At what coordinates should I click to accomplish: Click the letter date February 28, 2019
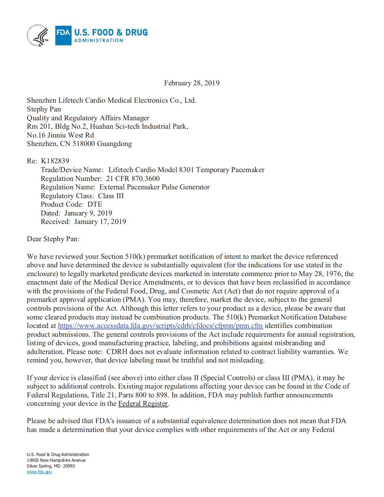[x=191, y=83]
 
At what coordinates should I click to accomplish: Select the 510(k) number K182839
[x=55, y=161]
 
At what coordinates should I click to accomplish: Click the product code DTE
[x=95, y=204]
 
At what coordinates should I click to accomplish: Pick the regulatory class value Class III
[x=111, y=196]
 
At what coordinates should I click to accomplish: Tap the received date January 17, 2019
[x=100, y=222]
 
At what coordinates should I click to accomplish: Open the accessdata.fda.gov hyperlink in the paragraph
[x=160, y=326]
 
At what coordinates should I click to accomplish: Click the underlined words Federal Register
[x=143, y=404]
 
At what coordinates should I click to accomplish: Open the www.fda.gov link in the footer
[x=39, y=472]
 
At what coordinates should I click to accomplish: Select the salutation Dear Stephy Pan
[x=53, y=239]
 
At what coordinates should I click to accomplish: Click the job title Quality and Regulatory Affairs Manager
[x=88, y=118]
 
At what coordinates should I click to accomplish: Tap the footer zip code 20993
[x=69, y=466]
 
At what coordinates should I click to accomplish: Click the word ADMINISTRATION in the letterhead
[x=99, y=41]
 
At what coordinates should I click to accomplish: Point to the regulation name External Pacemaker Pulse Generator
[x=155, y=187]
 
